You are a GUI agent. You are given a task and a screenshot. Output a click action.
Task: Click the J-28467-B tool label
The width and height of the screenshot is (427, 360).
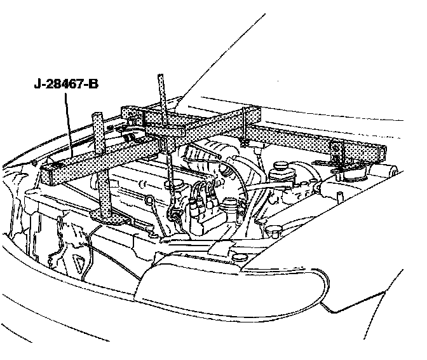pos(65,83)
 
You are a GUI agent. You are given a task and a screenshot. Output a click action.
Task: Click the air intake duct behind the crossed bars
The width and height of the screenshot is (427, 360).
pos(203,156)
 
